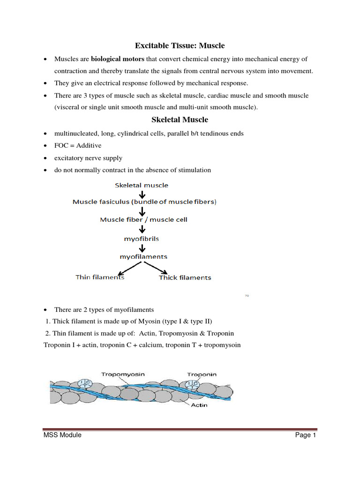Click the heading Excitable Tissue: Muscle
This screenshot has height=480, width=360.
pos(180,45)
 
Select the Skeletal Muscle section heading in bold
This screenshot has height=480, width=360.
pos(180,120)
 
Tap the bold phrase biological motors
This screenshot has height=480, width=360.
pos(118,59)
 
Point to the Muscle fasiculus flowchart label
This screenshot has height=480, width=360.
pos(144,202)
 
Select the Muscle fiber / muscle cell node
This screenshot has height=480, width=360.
pos(143,219)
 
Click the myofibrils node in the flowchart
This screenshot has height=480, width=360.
pos(142,239)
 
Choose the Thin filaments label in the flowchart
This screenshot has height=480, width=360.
pos(100,277)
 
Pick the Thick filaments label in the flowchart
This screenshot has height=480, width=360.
pos(185,277)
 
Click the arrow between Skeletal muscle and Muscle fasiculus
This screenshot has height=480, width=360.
pos(142,194)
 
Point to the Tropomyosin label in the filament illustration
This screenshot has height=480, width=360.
pos(123,374)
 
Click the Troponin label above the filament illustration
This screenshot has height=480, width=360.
pos(202,375)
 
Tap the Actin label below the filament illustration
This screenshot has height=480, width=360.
pos(199,405)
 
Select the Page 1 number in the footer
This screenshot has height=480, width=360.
pos(306,435)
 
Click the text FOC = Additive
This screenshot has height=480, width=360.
pos(78,146)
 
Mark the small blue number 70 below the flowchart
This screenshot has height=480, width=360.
pos(247,296)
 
